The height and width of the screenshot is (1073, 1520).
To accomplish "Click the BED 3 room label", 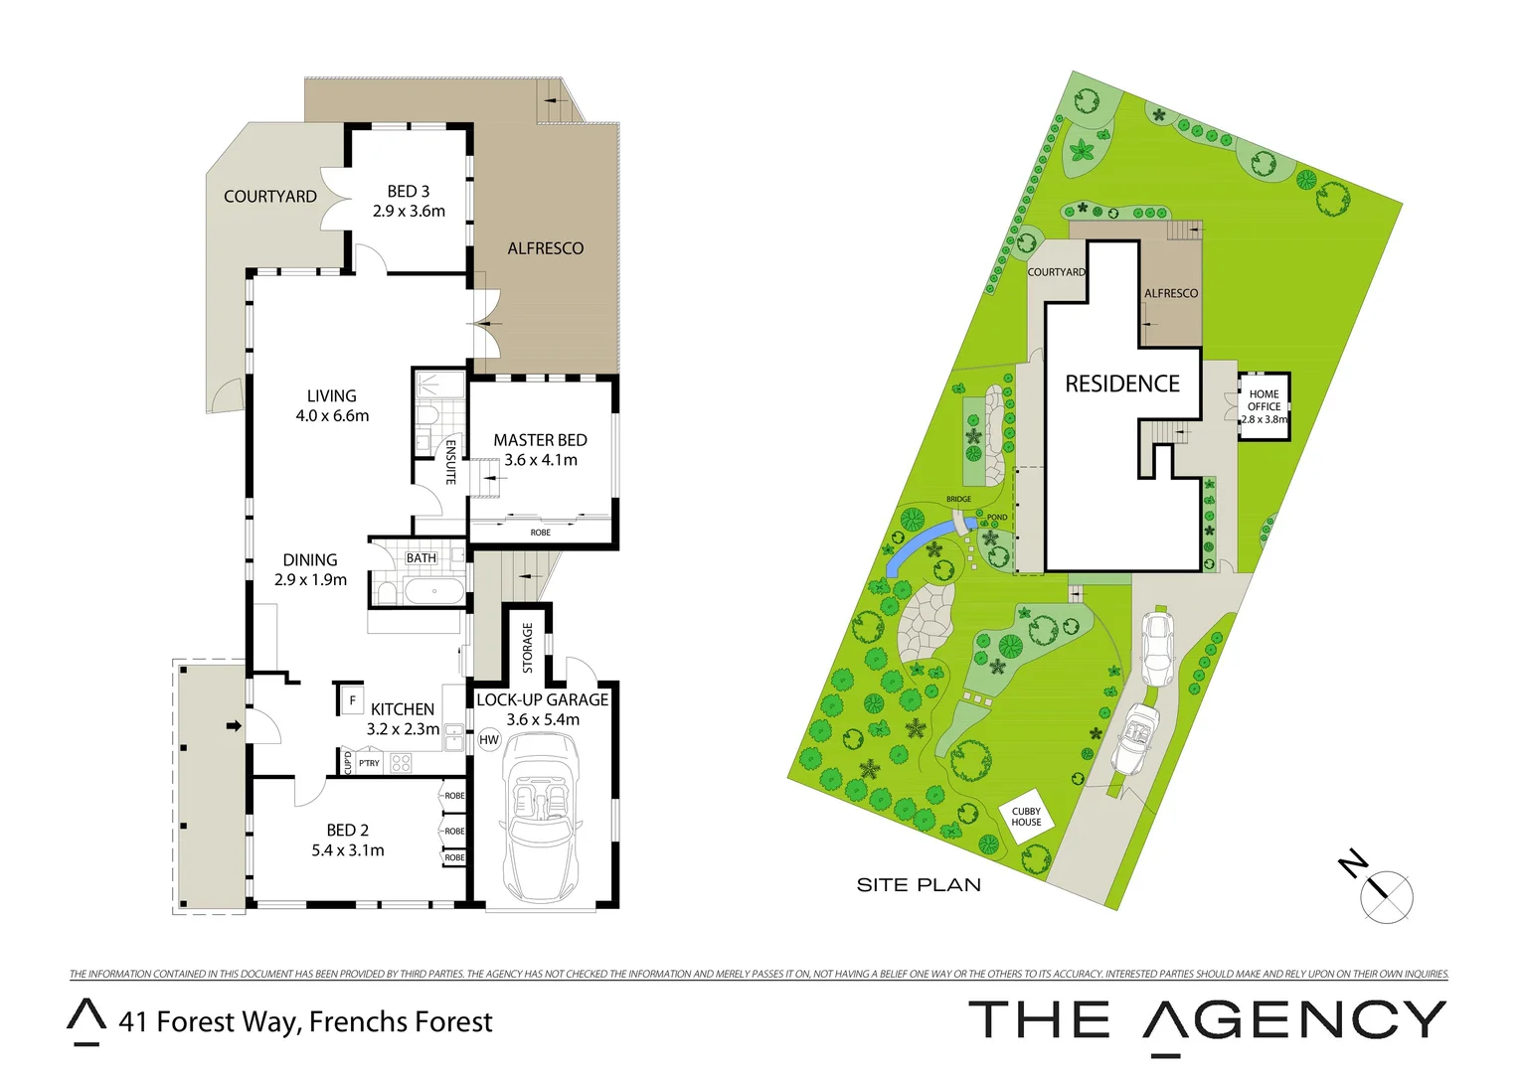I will (x=409, y=191).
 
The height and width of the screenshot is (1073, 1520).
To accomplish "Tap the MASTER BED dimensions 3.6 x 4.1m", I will (x=541, y=460).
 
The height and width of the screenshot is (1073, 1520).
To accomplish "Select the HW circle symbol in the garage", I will (x=489, y=740).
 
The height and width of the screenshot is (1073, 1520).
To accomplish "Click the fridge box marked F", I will (x=352, y=700).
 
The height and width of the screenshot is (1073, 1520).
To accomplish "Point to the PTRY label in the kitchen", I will (x=369, y=763).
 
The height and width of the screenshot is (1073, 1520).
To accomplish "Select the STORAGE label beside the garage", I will (x=528, y=647).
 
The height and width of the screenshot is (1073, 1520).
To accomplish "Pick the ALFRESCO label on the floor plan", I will (x=546, y=248).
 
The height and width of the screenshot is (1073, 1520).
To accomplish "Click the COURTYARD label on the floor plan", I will (x=270, y=197).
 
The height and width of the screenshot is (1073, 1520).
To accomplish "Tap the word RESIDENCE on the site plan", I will (x=1122, y=383).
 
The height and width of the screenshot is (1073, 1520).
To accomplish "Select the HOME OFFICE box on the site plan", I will (x=1264, y=406).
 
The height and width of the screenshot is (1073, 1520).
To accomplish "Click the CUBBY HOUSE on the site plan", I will (x=1026, y=817).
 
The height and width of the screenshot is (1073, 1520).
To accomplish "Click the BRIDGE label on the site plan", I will (x=958, y=500).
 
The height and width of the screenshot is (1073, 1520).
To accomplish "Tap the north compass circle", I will (x=1387, y=896).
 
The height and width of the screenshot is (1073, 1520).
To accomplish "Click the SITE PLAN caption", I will (x=919, y=885).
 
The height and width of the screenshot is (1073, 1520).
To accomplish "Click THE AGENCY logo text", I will (x=1207, y=1021).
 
